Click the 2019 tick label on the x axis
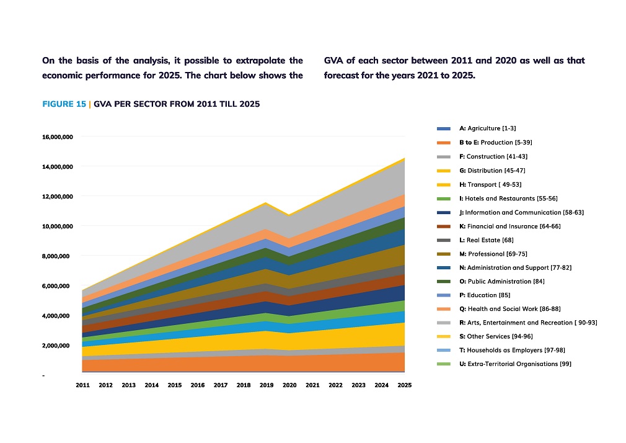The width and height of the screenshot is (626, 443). point(267,385)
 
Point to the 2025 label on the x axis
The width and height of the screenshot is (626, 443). point(405,385)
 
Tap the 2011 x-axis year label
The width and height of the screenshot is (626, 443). point(82,385)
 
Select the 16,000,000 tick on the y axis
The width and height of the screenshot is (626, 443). point(58,136)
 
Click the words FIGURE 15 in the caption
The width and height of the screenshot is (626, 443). point(64,104)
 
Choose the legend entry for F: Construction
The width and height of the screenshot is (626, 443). point(493,156)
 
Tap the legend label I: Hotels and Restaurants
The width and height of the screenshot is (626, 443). point(508,199)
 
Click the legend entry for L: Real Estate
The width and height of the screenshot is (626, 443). point(486,240)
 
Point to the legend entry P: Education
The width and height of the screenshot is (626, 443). point(485,295)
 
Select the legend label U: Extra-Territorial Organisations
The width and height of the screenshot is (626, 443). point(515,364)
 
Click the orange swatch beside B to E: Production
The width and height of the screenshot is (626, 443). point(444,143)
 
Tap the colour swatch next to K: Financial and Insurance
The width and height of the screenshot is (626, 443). point(444,226)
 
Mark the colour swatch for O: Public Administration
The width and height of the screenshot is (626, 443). point(444,282)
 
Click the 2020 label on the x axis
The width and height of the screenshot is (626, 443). point(289,385)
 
